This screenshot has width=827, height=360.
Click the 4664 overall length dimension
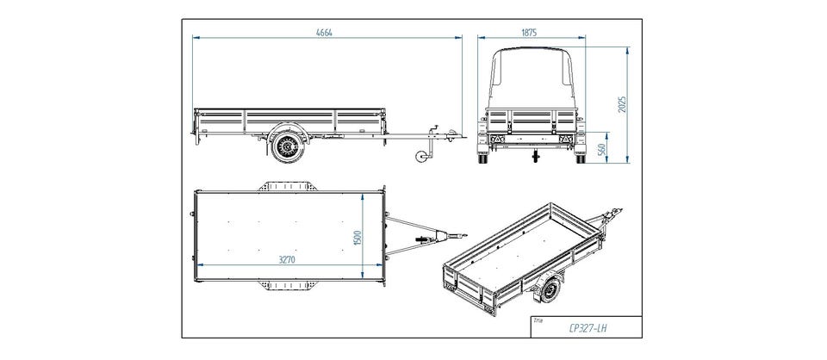coord(324,32)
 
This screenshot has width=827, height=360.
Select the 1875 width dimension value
coord(529,32)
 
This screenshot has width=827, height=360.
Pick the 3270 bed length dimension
coord(286,259)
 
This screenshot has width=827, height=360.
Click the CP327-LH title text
coord(588,328)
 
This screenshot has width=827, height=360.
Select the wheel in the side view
coord(288,145)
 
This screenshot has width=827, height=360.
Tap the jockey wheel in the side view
coord(421,157)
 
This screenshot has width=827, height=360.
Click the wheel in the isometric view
coord(550,289)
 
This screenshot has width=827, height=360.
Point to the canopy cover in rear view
coord(532,79)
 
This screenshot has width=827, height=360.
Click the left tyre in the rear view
coord(482,158)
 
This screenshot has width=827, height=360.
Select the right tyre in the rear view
coord(581,158)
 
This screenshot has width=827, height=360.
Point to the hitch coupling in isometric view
coord(614,214)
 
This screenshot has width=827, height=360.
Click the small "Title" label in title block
coord(538,320)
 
